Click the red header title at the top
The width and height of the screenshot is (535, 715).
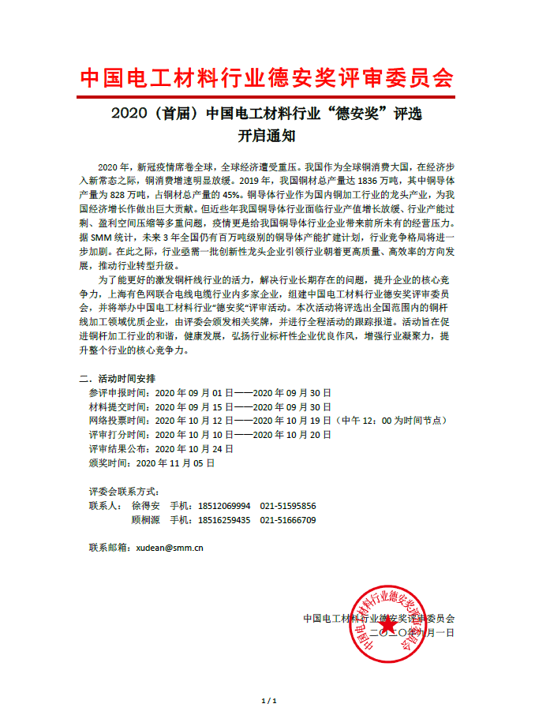click(267, 78)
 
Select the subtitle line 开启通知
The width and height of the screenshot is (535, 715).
click(267, 135)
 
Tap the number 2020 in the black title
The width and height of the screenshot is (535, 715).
click(130, 114)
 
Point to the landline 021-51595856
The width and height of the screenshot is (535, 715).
click(288, 505)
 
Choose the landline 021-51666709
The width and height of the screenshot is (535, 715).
click(288, 520)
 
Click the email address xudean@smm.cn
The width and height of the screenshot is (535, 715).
click(170, 546)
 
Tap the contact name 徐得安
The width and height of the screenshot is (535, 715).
click(145, 505)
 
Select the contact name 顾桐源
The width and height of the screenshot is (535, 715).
click(145, 520)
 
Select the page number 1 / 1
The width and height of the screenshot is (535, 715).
click(267, 701)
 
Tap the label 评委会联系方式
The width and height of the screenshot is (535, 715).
click(124, 490)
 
